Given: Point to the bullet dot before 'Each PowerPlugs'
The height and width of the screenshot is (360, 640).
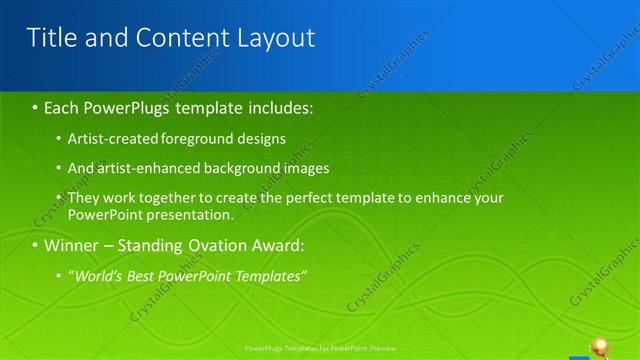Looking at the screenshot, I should pyautogui.click(x=35, y=107).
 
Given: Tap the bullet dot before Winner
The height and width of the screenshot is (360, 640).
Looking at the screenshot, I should pyautogui.click(x=35, y=245).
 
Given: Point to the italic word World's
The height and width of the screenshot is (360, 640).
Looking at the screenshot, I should pyautogui.click(x=98, y=275).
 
